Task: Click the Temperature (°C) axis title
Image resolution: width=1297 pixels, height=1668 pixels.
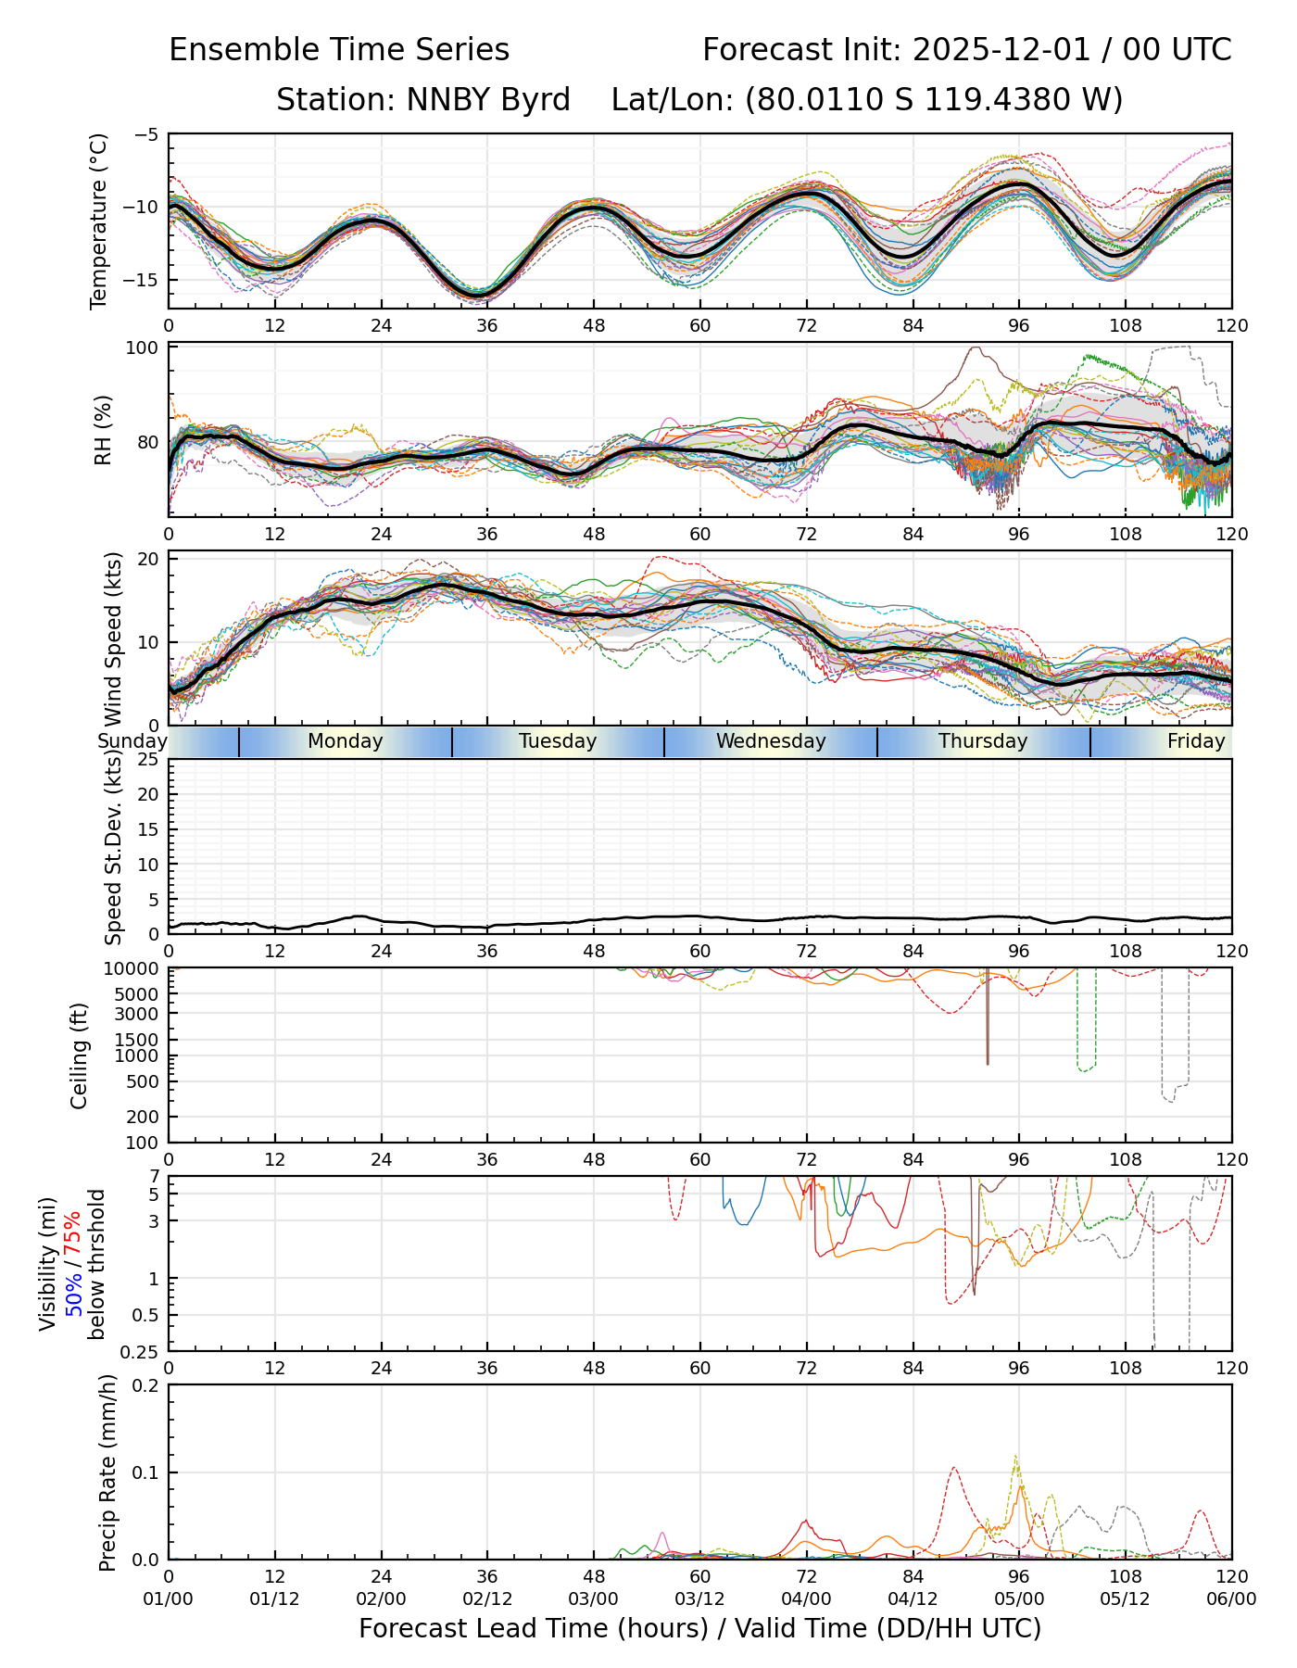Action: coord(99,221)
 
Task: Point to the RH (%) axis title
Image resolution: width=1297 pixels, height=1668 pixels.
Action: coord(103,430)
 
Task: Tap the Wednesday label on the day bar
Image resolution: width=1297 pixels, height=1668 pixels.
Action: coord(771,741)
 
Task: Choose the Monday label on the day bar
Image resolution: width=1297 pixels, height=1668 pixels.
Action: coord(345,741)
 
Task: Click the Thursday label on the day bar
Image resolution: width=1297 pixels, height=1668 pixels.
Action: coord(983,741)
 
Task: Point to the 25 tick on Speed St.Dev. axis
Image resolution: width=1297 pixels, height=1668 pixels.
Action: coord(147,760)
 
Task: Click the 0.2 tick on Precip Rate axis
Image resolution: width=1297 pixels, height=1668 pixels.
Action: coord(145,1385)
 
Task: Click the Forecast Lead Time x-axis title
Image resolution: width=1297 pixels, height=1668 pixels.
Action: coord(699,1629)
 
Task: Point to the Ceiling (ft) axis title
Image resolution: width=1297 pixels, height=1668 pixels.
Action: coord(81,1055)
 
